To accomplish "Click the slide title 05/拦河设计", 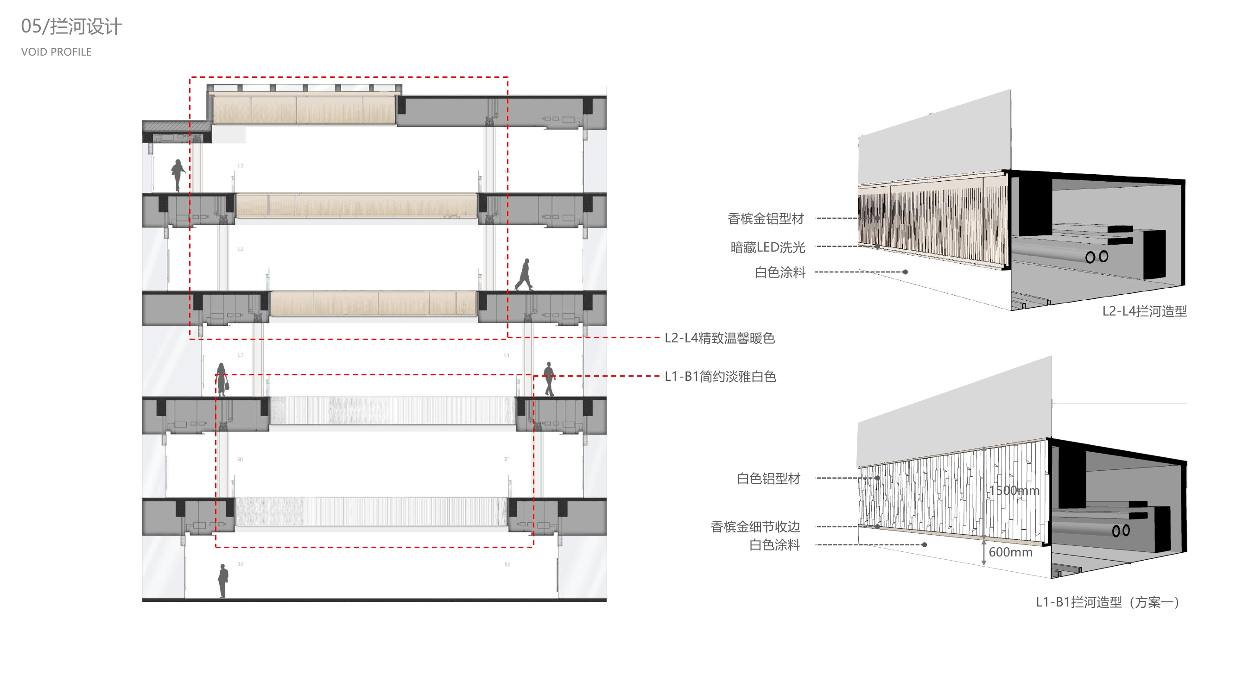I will click(71, 26).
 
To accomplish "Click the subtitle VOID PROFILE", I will click(56, 52).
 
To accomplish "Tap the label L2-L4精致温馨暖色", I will click(719, 338).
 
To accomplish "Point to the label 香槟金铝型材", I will click(765, 219).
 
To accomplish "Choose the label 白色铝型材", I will click(768, 478).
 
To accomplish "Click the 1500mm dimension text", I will click(1014, 490).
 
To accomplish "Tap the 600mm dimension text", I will click(1010, 552).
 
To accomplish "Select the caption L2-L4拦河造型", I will click(1144, 311).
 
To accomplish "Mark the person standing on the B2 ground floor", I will click(223, 581).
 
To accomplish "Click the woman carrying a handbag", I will click(222, 379).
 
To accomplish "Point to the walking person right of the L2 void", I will click(524, 275).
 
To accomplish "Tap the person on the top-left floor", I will click(178, 175).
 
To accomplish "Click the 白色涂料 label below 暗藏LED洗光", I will click(780, 272).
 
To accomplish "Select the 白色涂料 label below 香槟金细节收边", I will click(774, 545).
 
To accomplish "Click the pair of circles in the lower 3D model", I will click(1121, 531).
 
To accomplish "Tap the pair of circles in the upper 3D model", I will click(1097, 257).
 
